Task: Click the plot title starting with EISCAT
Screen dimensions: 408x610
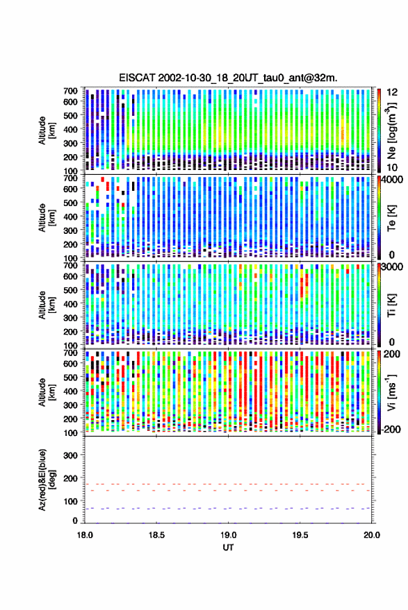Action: (x=228, y=78)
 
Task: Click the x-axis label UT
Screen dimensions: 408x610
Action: (x=228, y=548)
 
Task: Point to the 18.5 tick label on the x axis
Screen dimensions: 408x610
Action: (x=156, y=535)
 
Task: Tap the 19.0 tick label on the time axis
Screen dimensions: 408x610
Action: (x=229, y=535)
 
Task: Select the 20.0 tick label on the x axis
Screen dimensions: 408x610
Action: (x=372, y=535)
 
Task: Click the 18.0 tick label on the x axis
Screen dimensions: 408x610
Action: (x=85, y=535)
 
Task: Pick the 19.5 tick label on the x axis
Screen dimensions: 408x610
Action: (x=300, y=535)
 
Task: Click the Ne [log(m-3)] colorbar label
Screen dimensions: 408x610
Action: (x=391, y=130)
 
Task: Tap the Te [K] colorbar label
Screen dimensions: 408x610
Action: (x=391, y=218)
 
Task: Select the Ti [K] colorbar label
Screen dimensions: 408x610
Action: (x=391, y=305)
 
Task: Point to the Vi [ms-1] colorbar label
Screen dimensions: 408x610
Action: (x=391, y=392)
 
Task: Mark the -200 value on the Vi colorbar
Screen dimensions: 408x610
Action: (x=390, y=429)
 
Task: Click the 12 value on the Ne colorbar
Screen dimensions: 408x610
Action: (x=393, y=92)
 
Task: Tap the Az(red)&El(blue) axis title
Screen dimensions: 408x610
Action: (x=47, y=480)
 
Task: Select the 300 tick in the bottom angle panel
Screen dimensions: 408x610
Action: (x=70, y=455)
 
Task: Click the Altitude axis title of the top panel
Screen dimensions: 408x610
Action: (x=47, y=130)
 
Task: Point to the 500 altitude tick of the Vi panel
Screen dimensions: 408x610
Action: (x=70, y=377)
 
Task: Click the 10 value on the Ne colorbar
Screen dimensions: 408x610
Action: (x=393, y=168)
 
